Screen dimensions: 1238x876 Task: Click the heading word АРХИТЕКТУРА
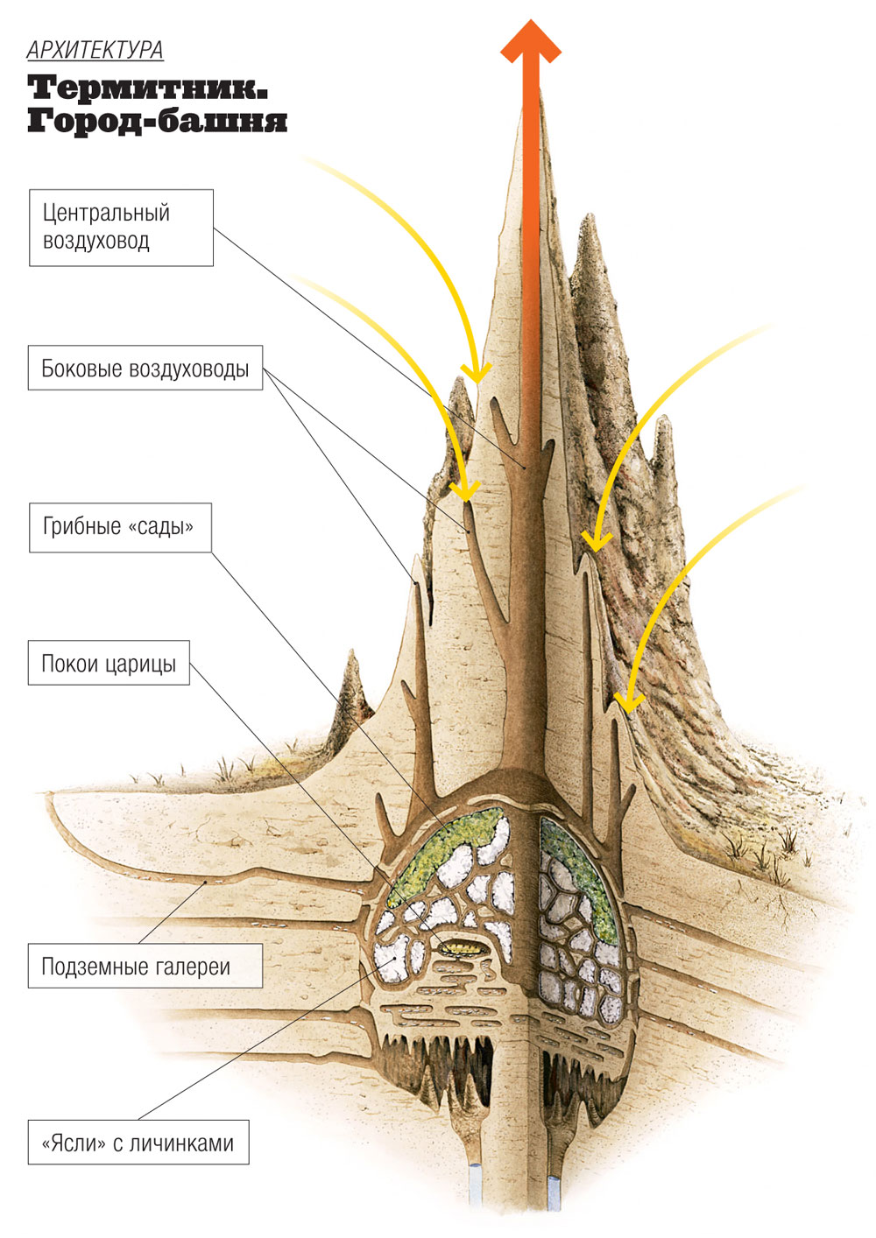coord(95,50)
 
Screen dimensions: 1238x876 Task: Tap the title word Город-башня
coord(157,120)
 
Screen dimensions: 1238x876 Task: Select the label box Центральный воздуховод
coord(121,227)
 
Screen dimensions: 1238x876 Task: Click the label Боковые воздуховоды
coord(145,369)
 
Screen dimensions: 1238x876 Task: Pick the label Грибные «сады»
coord(120,527)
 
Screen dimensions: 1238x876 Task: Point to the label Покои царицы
coord(109,664)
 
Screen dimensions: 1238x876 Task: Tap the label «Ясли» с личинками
coord(138,1143)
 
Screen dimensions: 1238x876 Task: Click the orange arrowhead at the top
coord(530,39)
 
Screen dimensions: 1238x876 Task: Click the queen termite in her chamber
coord(457,947)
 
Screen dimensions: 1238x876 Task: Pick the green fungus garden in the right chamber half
coord(578,876)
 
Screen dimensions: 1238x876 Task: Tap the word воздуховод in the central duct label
coord(95,241)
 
